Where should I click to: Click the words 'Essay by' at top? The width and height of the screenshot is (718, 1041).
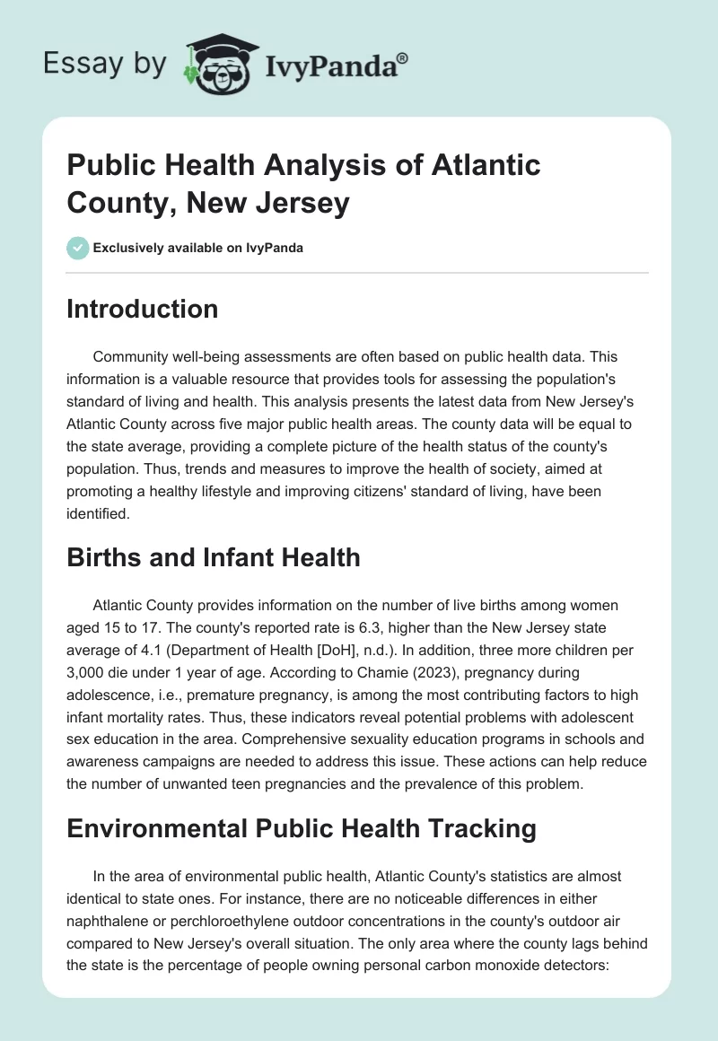coord(104,65)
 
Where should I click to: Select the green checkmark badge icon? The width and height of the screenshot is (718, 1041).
coord(77,248)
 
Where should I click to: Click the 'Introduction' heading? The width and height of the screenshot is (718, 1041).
coord(142,309)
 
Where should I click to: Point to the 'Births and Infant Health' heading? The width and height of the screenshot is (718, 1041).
coord(214,557)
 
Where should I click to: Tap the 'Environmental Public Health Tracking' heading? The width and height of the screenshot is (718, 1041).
coord(302,828)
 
